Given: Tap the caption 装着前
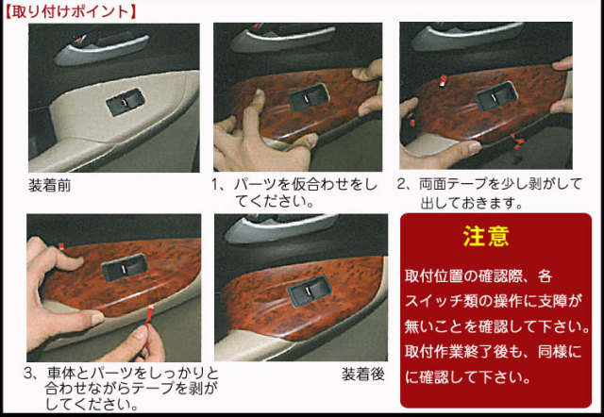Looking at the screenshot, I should pyautogui.click(x=50, y=186).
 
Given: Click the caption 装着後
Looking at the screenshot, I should pyautogui.click(x=363, y=375).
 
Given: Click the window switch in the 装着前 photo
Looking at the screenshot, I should pyautogui.click(x=126, y=102).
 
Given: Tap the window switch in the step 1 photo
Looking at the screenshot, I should pyautogui.click(x=309, y=99).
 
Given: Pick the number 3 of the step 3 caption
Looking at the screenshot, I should pyautogui.click(x=31, y=373).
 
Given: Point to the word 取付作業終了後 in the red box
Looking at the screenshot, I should pyautogui.click(x=461, y=352).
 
